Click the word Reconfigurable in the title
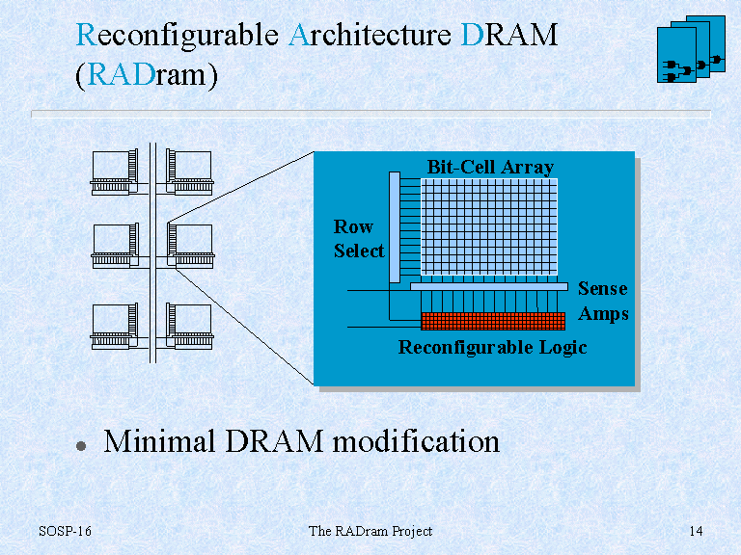[x=178, y=36]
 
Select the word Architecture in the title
[x=370, y=35]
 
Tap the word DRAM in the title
[x=509, y=35]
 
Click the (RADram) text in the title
[x=147, y=75]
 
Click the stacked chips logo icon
[x=691, y=49]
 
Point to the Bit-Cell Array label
[x=490, y=167]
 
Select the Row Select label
[x=359, y=239]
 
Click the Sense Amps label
[x=603, y=301]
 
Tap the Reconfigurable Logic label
[x=492, y=347]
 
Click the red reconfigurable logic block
[x=493, y=321]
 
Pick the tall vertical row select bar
[x=395, y=227]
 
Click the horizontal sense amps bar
[x=489, y=286]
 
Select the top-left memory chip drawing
[x=115, y=172]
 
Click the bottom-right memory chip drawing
[x=189, y=327]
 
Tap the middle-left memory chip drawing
[x=115, y=246]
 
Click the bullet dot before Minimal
[x=81, y=446]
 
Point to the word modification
[x=416, y=440]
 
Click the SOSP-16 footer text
[x=65, y=531]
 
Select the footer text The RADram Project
[x=370, y=531]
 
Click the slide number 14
[x=696, y=531]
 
